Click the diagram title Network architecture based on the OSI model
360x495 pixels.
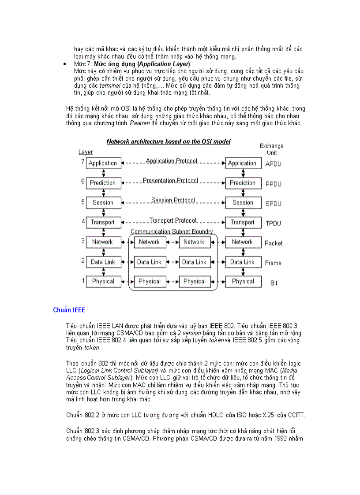click(169, 141)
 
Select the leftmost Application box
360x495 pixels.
click(103, 163)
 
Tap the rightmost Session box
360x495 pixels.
click(243, 203)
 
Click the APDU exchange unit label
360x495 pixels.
click(273, 164)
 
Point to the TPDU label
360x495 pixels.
click(273, 223)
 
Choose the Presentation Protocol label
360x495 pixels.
click(170, 181)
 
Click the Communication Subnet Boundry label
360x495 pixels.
click(172, 231)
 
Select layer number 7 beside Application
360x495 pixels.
click(82, 162)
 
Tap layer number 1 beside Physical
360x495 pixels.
click(82, 280)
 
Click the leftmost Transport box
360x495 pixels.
click(103, 223)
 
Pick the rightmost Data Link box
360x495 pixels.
click(243, 262)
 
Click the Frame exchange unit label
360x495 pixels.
click(273, 263)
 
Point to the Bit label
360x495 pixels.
click(274, 283)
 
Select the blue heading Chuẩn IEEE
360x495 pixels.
click(69, 310)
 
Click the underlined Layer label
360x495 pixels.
click(86, 152)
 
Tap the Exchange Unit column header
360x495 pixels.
click(272, 149)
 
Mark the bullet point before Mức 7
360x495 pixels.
click(65, 64)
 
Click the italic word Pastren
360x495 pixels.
click(139, 123)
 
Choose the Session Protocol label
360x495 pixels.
click(173, 200)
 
